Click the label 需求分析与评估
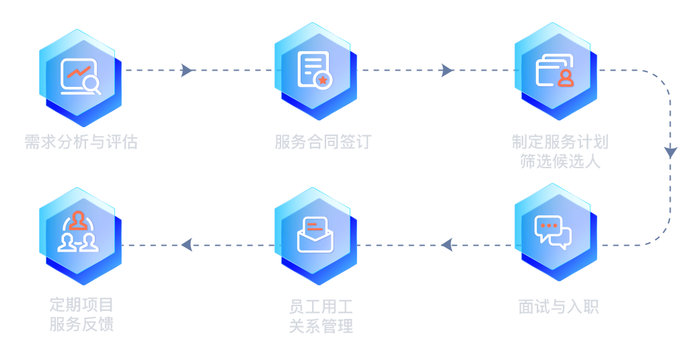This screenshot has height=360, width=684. tap(81, 142)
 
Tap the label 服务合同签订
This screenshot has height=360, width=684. tap(323, 142)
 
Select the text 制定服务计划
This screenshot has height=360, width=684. tap(560, 142)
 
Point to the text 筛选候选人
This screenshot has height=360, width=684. tap(560, 161)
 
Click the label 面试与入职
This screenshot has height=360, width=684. tap(558, 307)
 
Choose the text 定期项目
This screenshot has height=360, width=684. tap(81, 305)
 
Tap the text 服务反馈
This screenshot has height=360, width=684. tap(81, 324)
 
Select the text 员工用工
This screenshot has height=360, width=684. tap(321, 308)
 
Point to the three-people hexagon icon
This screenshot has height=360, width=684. tap(79, 233)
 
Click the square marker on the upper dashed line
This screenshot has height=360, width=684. tap(186, 70)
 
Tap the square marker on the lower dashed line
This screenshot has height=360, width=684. tap(186, 244)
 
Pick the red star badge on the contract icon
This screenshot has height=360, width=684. tap(324, 80)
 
